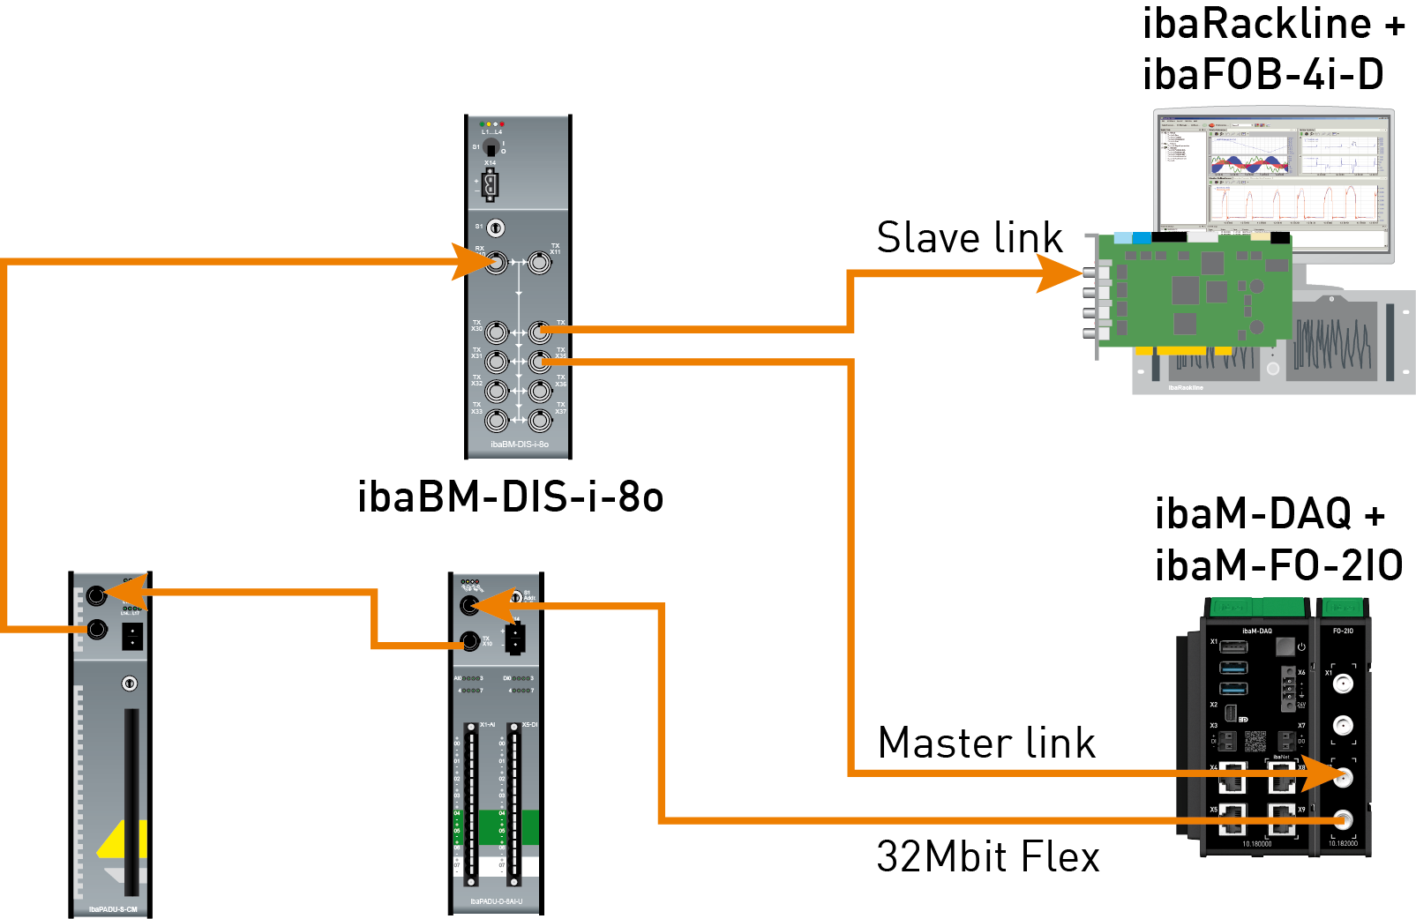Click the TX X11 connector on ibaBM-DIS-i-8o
539,262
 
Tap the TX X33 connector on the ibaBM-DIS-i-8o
497,420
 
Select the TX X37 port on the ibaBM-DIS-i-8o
540,420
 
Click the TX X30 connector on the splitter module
497,332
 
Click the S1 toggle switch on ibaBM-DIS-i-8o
491,148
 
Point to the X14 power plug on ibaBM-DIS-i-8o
491,185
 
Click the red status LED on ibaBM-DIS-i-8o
503,124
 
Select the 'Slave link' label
970,238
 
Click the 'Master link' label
986,743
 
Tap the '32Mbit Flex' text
988,856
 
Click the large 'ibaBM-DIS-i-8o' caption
510,497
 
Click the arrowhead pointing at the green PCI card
1058,273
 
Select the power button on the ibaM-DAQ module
1301,646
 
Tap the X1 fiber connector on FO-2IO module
1343,684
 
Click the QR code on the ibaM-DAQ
1255,740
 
